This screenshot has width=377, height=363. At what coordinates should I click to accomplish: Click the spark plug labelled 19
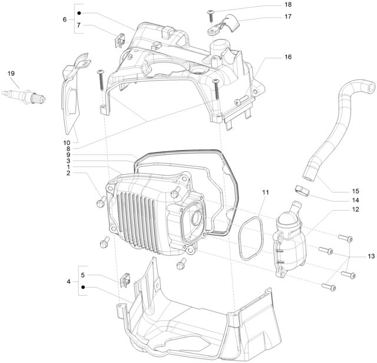(x=24, y=96)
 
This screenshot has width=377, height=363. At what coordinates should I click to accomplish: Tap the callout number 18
(x=288, y=5)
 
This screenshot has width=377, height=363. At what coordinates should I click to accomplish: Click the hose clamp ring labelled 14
(x=302, y=191)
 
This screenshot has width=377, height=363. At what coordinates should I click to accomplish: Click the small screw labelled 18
(x=211, y=16)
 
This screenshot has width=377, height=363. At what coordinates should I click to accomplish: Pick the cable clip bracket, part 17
(x=224, y=25)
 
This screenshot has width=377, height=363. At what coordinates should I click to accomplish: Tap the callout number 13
(x=371, y=256)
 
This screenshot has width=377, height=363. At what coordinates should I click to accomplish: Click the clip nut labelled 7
(x=120, y=41)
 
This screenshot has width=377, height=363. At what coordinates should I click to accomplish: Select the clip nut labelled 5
(x=125, y=280)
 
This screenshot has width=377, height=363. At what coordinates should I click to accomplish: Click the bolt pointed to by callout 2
(x=101, y=202)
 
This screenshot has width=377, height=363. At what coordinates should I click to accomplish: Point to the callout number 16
(x=288, y=57)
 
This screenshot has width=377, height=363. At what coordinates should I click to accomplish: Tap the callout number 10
(x=67, y=143)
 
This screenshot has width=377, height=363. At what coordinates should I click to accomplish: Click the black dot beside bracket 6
(x=79, y=13)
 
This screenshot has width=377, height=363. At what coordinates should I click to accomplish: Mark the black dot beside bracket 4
(x=83, y=287)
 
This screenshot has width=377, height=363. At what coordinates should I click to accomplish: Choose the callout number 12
(x=355, y=209)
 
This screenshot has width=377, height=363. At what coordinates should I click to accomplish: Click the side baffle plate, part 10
(x=72, y=94)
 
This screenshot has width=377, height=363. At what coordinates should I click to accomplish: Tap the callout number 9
(x=68, y=155)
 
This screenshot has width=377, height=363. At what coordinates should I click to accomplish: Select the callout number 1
(x=68, y=167)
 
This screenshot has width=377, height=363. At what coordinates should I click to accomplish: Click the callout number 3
(x=68, y=161)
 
